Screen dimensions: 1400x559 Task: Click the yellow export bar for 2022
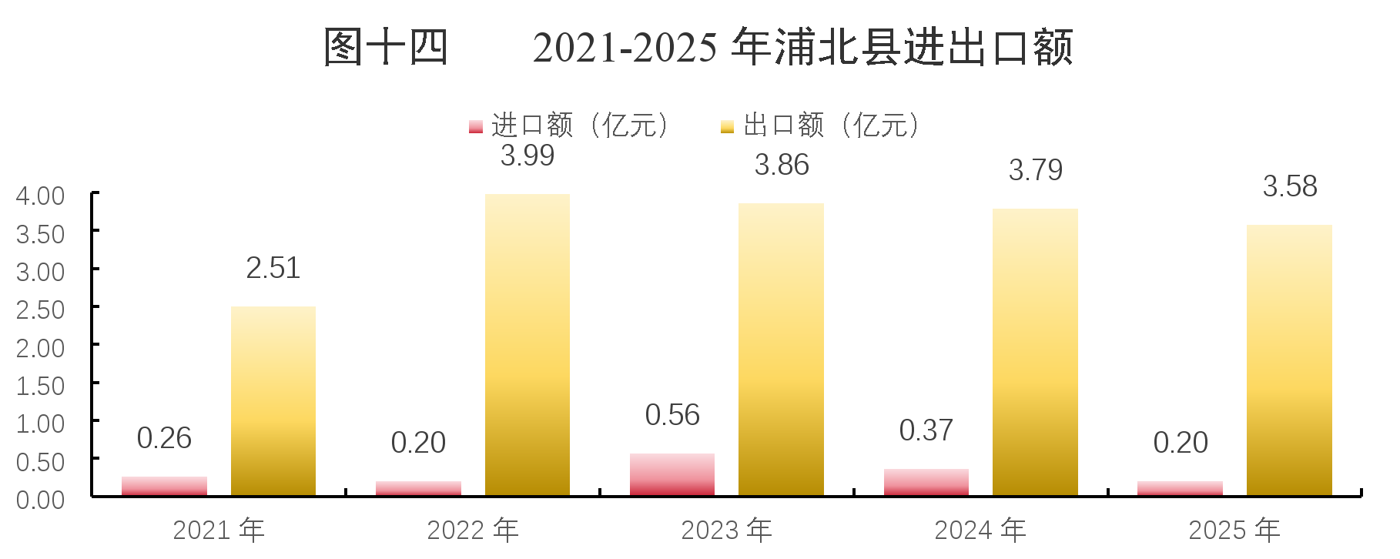[528, 345]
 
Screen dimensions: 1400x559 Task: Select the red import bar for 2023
[672, 474]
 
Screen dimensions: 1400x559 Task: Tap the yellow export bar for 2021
[273, 401]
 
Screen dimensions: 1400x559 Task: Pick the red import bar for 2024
[926, 482]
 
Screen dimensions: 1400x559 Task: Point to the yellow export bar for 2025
[1289, 360]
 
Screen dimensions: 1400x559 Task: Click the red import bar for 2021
[164, 486]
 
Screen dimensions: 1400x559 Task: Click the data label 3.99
[528, 156]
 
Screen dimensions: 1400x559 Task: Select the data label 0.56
[672, 415]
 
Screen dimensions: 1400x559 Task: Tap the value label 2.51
[273, 268]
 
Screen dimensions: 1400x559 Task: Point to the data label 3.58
[1290, 186]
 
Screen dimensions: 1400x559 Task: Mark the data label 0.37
[926, 430]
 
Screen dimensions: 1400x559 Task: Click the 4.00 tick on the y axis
[40, 196]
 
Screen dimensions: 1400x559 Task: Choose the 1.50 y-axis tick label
[40, 386]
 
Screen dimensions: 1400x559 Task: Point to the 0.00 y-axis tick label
[40, 500]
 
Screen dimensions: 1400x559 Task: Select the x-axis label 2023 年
[726, 531]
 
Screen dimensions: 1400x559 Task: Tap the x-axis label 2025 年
[1234, 531]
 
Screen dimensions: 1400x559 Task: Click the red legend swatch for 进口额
[476, 126]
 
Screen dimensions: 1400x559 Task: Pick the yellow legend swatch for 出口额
[727, 126]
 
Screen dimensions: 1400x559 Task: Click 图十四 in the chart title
[386, 47]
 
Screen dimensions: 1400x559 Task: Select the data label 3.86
[782, 165]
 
